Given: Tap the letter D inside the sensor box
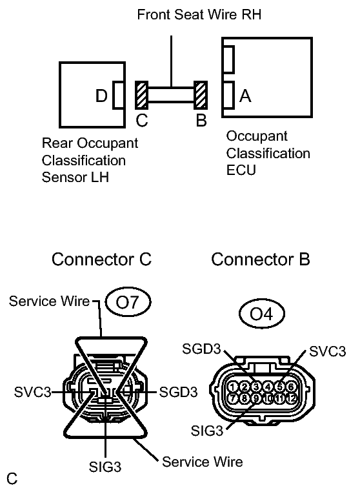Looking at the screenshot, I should [101, 96].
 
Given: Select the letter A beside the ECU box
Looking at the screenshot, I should [245, 96].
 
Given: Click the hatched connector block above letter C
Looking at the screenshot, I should [141, 96].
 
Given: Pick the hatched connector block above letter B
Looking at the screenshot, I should [201, 96].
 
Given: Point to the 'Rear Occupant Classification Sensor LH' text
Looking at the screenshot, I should [90, 159].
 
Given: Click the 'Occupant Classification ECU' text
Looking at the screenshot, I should [268, 154].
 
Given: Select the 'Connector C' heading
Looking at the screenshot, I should [101, 260].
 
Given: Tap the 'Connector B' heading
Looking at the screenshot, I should [261, 260].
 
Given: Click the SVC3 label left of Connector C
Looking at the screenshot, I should [32, 392].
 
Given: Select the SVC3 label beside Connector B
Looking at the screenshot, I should [327, 351].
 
